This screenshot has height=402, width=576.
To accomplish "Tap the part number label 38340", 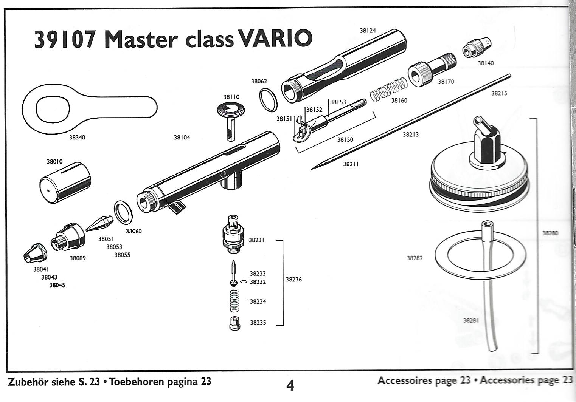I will tap(77, 138).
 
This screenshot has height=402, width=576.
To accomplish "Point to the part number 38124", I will tap(368, 31).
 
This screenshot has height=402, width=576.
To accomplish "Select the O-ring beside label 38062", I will tap(269, 100).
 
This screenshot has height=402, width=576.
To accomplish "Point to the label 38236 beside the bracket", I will tap(294, 280).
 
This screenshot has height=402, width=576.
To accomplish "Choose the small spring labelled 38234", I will tap(235, 301).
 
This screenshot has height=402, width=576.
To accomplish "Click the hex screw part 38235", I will tap(235, 323).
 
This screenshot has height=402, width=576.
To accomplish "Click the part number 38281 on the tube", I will tap(471, 320).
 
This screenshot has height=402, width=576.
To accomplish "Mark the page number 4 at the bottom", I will tap(290, 385).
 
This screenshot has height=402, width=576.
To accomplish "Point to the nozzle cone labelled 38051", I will tap(100, 223).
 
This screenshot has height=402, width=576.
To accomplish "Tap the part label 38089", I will tap(78, 258).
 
